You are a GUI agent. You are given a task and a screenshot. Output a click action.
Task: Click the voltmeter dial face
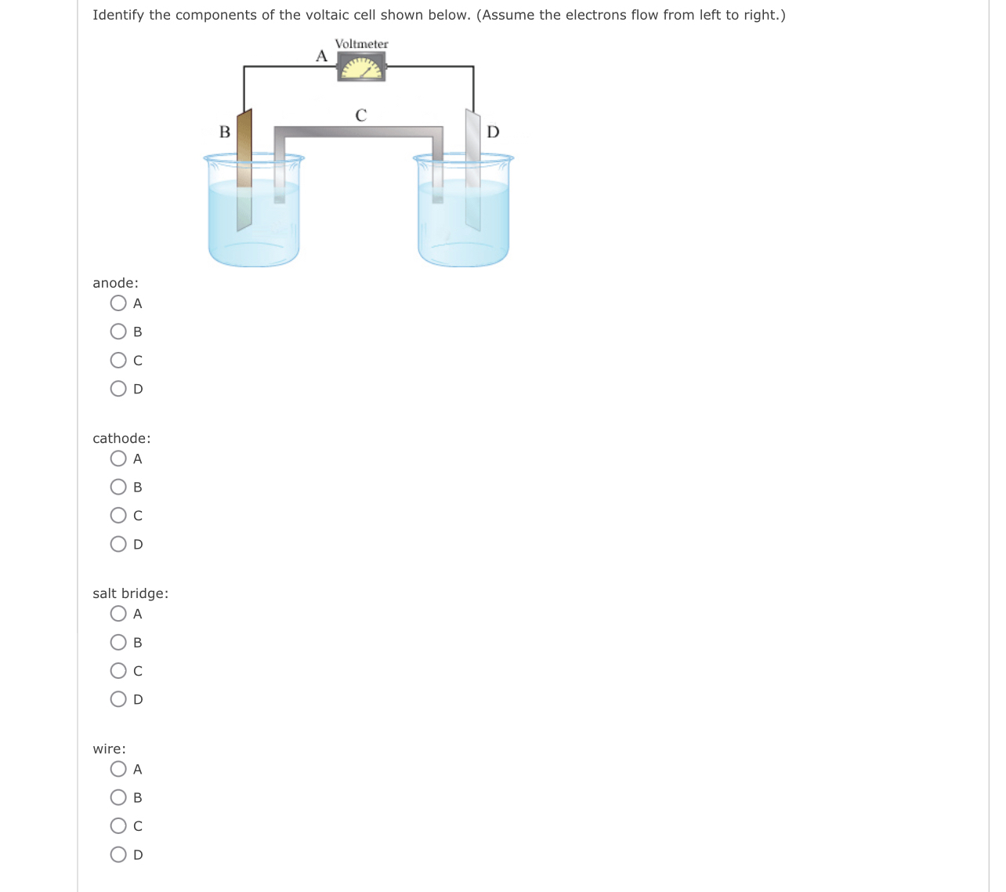(361, 69)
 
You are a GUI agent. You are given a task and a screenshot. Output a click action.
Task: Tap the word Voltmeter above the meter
(361, 44)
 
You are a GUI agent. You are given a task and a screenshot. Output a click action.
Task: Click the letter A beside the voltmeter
(321, 56)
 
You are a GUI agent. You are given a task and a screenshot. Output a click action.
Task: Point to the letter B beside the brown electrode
(225, 132)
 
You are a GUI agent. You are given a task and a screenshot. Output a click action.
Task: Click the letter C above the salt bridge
(360, 116)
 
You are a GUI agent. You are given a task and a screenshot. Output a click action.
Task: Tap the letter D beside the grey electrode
(493, 132)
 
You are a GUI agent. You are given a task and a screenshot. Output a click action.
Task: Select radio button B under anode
(118, 332)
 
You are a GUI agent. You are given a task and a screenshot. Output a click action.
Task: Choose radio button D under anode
(118, 389)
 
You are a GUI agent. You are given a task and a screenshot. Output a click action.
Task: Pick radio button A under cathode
(118, 459)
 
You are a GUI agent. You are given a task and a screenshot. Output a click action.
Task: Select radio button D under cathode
(118, 544)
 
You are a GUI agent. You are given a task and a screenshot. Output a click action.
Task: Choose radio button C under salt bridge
(118, 671)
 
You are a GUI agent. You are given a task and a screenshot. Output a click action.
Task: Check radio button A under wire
(118, 769)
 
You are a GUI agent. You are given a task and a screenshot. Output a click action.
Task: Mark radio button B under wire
(118, 798)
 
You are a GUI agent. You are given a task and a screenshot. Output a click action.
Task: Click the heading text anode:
(115, 283)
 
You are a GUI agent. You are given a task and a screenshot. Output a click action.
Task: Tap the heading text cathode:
(121, 438)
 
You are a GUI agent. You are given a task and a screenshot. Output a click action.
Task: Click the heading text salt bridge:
(130, 593)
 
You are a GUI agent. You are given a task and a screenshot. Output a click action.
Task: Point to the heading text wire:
(109, 749)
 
